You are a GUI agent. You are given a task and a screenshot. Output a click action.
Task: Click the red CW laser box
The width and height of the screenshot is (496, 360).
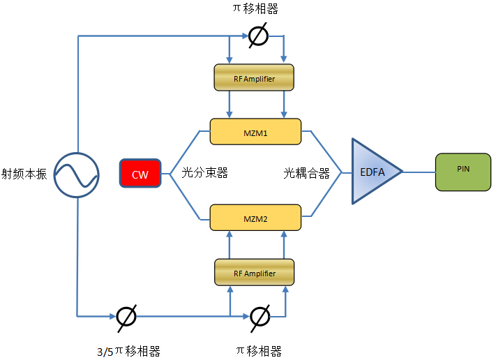tap(140, 174)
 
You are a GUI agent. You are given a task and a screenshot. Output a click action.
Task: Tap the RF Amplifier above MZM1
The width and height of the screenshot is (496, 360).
tap(254, 79)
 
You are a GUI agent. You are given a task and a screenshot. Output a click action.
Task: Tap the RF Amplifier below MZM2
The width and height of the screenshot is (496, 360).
tap(254, 273)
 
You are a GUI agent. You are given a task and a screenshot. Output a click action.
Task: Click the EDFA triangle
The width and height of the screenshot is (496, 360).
tap(373, 172)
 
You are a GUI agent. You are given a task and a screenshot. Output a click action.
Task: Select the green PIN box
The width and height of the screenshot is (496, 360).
tap(463, 172)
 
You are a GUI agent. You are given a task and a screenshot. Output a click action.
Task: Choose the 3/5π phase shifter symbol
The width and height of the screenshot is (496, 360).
tap(126, 316)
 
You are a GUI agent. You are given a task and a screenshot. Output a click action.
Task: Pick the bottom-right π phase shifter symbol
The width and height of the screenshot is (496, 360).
tap(259, 316)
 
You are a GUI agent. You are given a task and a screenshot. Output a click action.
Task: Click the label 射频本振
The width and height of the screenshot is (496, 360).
tap(24, 174)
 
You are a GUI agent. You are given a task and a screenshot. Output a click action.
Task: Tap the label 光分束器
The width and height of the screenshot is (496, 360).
tap(205, 172)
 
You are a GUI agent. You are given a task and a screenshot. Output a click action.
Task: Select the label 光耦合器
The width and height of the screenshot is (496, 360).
tap(306, 172)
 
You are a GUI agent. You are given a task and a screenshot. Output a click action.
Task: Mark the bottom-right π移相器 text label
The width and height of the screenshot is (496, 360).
tap(258, 350)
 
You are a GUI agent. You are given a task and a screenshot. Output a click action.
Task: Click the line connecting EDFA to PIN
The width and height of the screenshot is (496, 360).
tap(419, 172)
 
